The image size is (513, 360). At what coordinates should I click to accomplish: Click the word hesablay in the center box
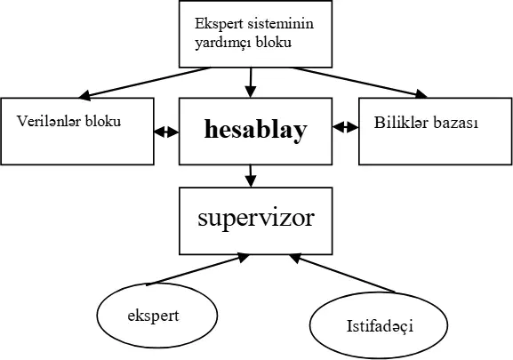coord(256,130)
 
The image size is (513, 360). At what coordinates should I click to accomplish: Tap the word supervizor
coord(256,219)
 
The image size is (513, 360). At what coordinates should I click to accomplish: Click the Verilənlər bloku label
coord(69,121)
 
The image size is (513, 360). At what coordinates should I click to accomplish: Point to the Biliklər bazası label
coord(426,123)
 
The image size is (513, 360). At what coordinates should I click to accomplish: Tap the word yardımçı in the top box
coord(223,43)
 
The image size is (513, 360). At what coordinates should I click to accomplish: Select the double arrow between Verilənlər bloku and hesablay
coord(166,132)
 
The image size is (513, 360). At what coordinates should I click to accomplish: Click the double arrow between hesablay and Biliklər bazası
coord(346,127)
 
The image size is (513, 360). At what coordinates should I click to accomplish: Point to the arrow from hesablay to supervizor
coord(251,176)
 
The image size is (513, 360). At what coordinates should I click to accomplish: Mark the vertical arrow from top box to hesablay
coord(251,83)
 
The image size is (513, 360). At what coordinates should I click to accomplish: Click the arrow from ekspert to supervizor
coord(197,269)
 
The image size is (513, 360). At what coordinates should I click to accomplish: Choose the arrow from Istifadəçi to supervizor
coord(342,273)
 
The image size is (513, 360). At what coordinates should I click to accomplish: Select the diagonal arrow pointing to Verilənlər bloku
coord(144,83)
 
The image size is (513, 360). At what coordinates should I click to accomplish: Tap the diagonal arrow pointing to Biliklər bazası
coord(360,83)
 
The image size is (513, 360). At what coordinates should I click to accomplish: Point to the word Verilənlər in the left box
coord(49,121)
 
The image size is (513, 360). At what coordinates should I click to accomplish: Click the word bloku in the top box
coord(274,43)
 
